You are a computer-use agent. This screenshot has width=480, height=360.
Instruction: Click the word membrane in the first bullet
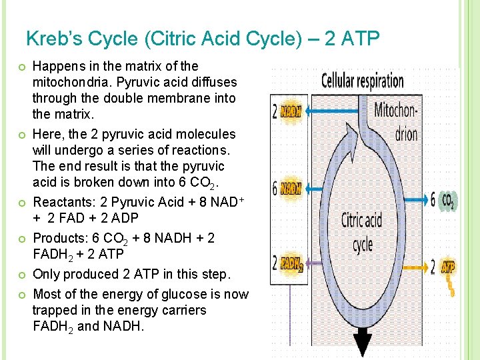171,98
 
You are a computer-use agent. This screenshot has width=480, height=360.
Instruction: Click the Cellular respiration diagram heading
362,81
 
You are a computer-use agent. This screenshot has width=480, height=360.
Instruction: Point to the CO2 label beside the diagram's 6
448,200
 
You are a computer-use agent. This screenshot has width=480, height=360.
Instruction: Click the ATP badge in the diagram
448,267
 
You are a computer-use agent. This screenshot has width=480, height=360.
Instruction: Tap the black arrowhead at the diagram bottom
363,345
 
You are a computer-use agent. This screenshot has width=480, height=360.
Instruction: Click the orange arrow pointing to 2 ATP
413,267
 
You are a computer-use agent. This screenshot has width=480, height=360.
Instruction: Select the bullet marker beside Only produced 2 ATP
22,275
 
